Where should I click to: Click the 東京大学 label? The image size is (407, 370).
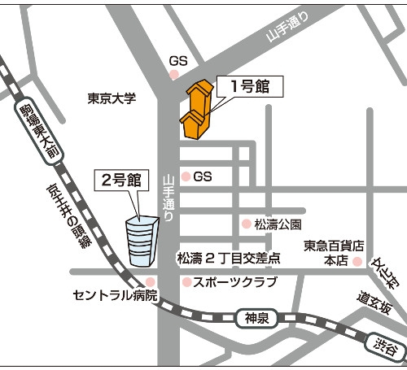coord(112,98)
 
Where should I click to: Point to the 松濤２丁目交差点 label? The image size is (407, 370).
coord(229,259)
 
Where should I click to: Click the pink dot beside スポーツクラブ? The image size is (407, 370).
coord(186,283)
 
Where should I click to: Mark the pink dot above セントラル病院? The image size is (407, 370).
coord(149,281)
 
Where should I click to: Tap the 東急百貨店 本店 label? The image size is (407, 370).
coord(333,252)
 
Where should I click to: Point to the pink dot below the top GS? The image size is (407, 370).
coord(173,75)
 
